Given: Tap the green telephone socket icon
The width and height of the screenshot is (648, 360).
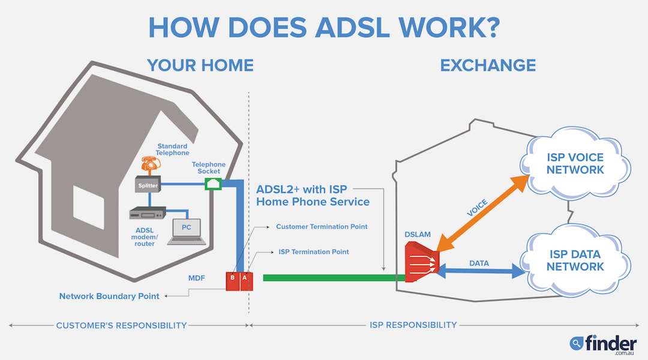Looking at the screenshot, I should [213, 184].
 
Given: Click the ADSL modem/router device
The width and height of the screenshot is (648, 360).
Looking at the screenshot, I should [148, 214].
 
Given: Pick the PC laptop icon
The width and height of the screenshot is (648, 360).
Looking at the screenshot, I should [187, 232].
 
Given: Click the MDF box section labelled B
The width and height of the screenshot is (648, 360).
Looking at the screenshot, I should [233, 281].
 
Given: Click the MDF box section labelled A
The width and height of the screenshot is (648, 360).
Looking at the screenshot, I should [245, 281].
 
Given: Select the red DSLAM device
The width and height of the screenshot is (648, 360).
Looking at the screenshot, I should [422, 262].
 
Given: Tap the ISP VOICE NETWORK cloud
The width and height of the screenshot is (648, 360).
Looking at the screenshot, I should [575, 163].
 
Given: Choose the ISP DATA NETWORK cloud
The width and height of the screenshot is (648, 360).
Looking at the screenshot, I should [575, 260].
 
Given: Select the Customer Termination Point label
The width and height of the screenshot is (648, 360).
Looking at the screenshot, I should [322, 227].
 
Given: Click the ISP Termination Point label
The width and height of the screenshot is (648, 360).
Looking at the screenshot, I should [314, 252].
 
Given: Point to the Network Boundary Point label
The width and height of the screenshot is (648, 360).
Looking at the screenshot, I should [109, 296].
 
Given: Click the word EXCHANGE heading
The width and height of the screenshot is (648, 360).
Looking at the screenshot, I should [488, 65].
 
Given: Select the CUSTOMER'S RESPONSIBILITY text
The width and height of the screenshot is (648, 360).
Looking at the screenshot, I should [121, 325].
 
